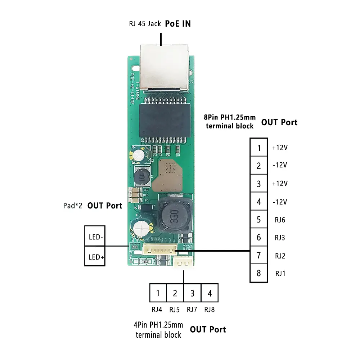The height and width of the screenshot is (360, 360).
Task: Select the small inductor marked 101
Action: tap(142, 176)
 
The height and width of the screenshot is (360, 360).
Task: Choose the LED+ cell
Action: tap(95, 256)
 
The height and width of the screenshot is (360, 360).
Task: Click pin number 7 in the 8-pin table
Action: tap(258, 256)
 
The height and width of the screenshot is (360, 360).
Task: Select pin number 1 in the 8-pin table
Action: tap(258, 148)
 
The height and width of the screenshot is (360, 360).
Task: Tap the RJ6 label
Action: tap(280, 220)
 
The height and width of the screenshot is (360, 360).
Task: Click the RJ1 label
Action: tap(280, 273)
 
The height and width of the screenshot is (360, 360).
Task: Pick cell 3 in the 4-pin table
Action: tap(192, 293)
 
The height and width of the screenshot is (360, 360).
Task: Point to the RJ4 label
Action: tap(157, 309)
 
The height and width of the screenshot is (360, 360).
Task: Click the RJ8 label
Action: tap(209, 309)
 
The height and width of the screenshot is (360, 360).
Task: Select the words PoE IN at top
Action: tap(178, 24)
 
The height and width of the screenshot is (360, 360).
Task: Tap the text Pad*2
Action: tap(72, 206)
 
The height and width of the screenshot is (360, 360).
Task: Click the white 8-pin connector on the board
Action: tap(160, 249)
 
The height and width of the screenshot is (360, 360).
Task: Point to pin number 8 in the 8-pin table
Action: tap(258, 273)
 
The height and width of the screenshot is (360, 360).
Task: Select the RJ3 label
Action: tap(280, 238)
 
